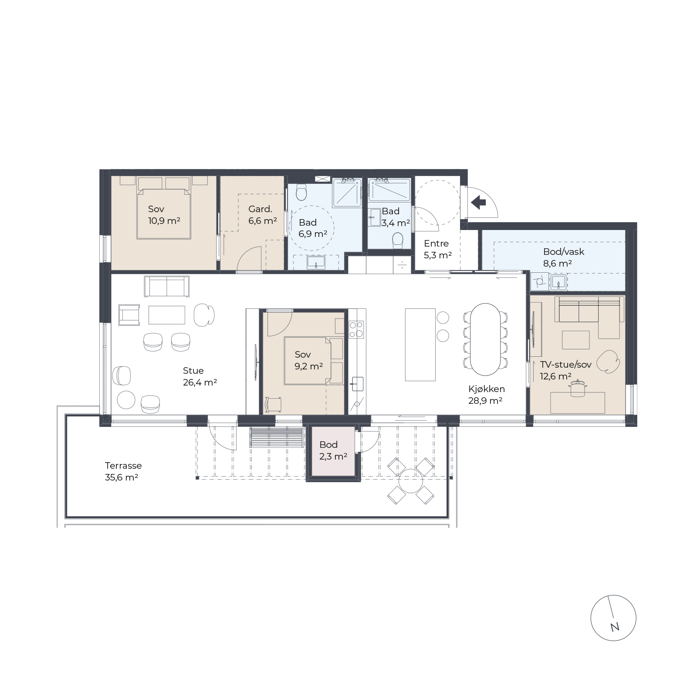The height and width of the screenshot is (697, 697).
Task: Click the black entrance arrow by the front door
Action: coord(478,202)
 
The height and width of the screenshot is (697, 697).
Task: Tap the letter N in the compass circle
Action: coord(615,627)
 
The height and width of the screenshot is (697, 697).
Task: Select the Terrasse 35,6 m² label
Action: coord(123,471)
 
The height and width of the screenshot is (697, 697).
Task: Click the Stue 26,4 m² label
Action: coord(200,376)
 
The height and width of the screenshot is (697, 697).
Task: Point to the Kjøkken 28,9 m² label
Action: coord(486,395)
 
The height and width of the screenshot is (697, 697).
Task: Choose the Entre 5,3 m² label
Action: coord(437,249)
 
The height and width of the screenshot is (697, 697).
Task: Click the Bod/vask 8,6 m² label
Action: coord(563,257)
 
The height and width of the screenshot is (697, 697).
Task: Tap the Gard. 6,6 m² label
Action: coord(262,215)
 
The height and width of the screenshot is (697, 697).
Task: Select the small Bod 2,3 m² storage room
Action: coord(333,453)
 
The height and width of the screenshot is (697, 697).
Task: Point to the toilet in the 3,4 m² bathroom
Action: coord(398,240)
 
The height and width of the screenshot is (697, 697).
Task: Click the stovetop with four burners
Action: coord(356,329)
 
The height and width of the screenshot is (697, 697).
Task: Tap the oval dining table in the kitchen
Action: coord(486,339)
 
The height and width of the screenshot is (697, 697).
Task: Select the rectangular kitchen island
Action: coord(420,345)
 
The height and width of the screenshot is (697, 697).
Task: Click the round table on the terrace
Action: coord(411,481)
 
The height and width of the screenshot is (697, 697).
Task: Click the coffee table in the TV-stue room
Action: coord(575,340)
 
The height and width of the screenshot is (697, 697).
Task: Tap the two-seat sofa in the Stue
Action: coord(167,286)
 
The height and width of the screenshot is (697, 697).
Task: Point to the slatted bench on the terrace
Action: coord(277,437)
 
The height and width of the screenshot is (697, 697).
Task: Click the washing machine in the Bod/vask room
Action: coord(539,281)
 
